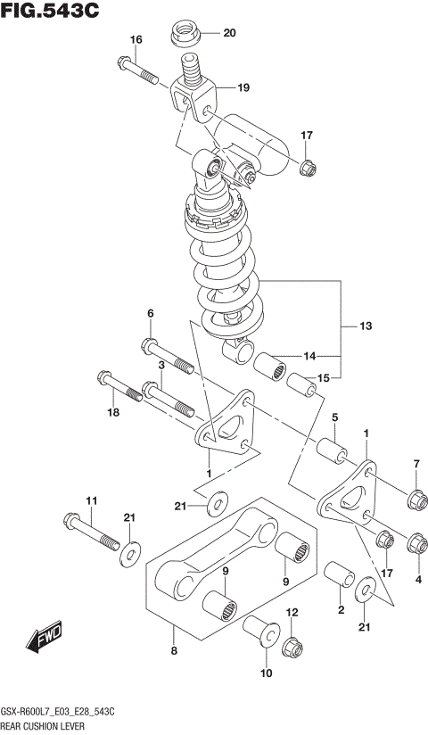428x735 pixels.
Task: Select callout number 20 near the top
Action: (229, 34)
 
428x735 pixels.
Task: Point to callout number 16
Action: (136, 39)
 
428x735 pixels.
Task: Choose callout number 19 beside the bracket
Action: (243, 87)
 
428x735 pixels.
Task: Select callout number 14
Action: (309, 356)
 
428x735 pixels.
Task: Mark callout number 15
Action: (323, 378)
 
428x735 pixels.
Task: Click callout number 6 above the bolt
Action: (150, 313)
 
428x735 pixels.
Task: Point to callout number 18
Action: (112, 412)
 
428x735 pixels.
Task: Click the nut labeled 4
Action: (415, 541)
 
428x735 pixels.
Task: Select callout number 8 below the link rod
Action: (174, 651)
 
